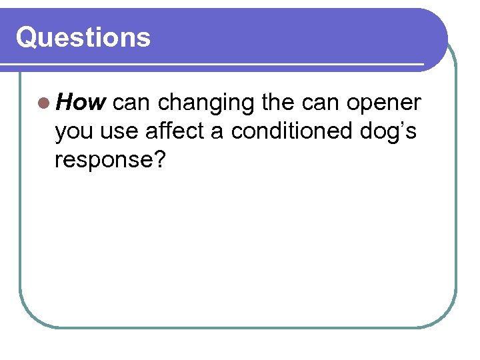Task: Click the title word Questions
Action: tap(83, 37)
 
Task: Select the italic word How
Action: tap(81, 103)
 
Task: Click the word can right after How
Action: tap(132, 103)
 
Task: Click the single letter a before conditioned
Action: tap(217, 132)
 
